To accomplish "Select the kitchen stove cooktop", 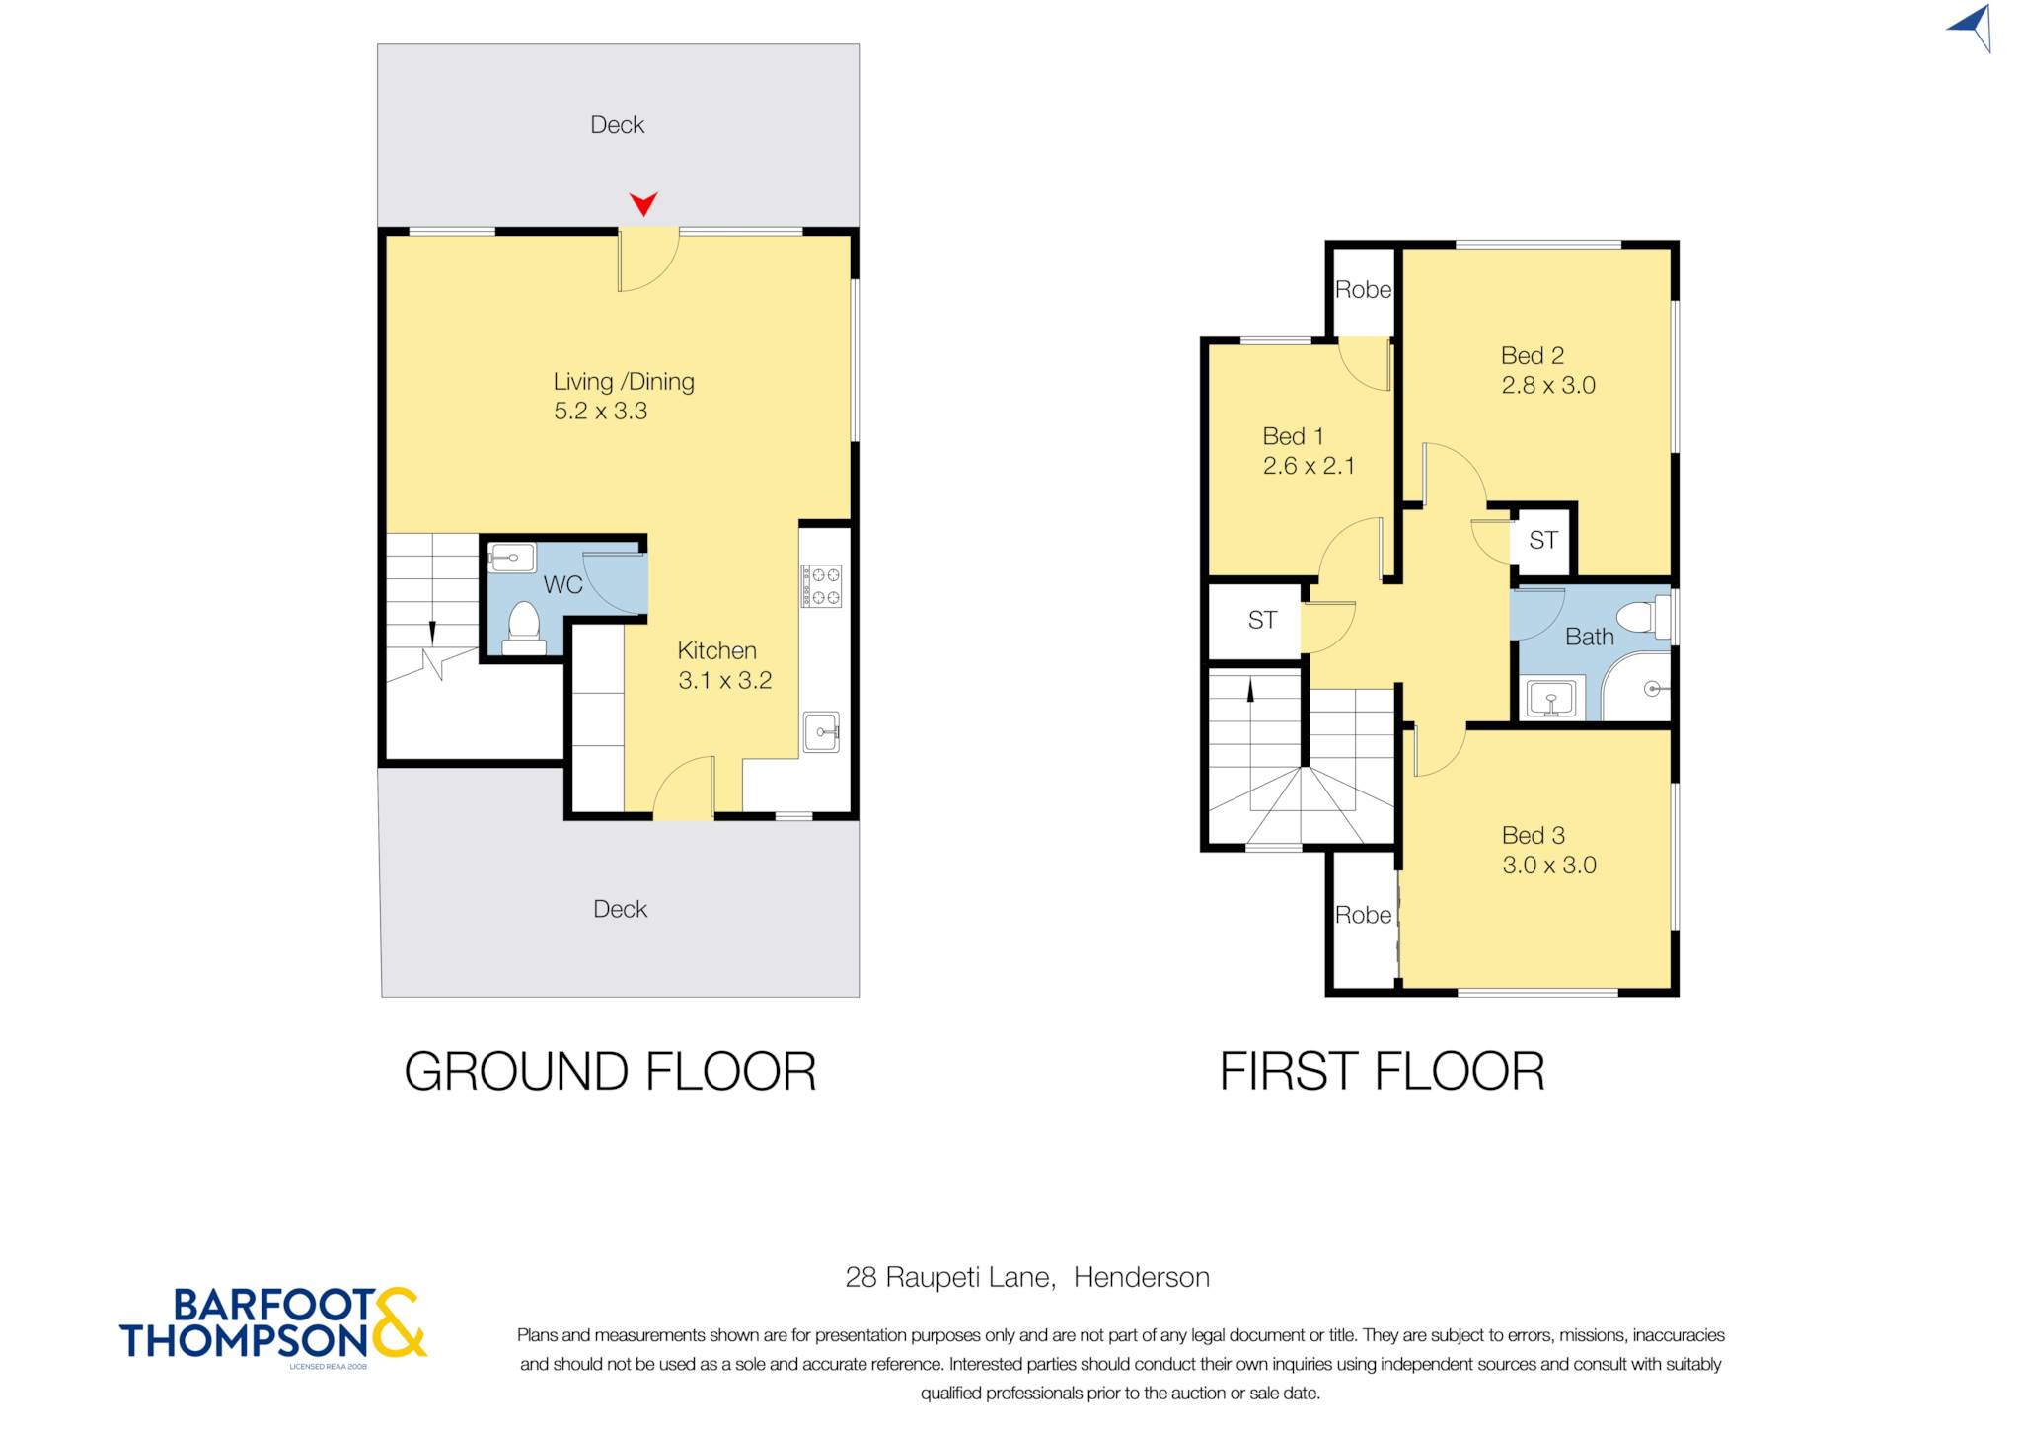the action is click(821, 585).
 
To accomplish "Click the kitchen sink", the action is click(821, 731).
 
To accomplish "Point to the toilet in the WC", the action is click(523, 628).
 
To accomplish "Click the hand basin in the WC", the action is click(511, 558).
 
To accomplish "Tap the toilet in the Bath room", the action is click(1643, 617).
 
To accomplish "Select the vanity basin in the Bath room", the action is click(1551, 699).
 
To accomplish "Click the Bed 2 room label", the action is click(1532, 355).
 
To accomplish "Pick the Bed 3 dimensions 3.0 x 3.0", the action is click(1548, 865).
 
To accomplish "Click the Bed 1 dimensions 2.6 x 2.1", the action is click(1309, 465).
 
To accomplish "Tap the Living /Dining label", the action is click(624, 381).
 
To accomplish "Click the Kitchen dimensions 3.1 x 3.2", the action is click(724, 680).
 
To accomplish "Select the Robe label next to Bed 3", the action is click(1363, 915).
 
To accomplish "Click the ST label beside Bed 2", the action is click(1542, 540).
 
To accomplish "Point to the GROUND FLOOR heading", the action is click(610, 1071).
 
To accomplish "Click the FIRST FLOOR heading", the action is click(1382, 1071).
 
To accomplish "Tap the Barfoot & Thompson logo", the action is click(273, 1325).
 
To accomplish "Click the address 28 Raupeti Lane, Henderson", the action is click(1027, 1277).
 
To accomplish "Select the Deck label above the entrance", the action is click(617, 125).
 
